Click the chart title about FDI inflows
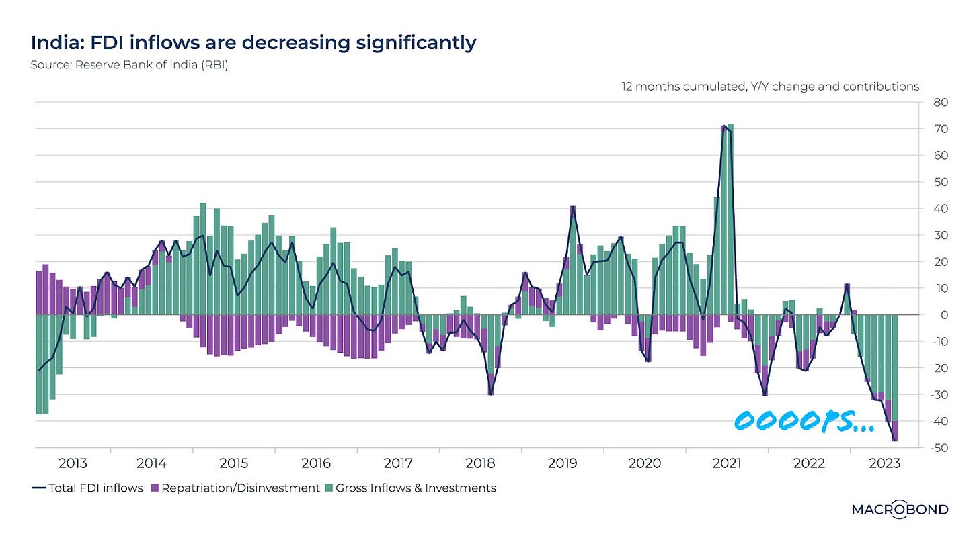tap(253, 43)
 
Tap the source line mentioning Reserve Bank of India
tap(130, 66)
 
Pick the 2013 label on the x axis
tap(73, 463)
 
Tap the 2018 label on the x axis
tap(480, 463)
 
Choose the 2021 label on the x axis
tap(726, 463)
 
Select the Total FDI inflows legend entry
tap(87, 488)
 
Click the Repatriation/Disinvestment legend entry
tap(235, 488)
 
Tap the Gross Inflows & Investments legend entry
tap(411, 488)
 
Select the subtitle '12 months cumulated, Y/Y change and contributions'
tap(770, 87)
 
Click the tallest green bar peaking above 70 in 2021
tap(730, 215)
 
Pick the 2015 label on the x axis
tap(234, 463)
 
